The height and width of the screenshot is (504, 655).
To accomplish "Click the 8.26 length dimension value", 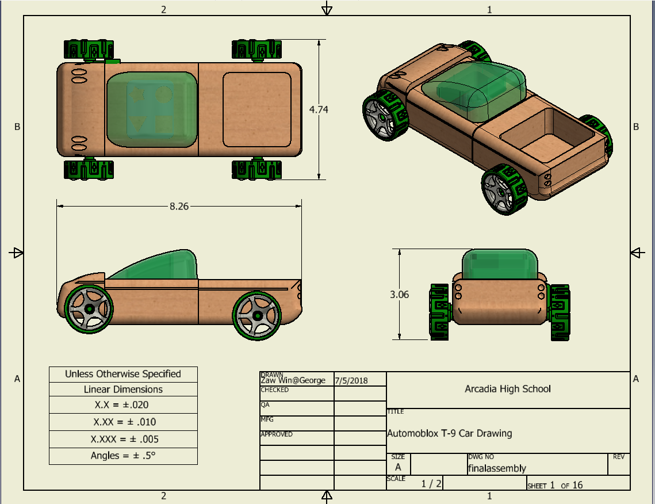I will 179,206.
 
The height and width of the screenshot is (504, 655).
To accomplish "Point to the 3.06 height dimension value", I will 399,294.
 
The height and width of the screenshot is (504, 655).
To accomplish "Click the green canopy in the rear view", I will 499,265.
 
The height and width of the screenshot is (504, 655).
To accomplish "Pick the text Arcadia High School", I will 507,389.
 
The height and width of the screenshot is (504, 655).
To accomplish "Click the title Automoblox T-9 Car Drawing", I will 449,433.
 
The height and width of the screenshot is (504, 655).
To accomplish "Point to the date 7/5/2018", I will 351,380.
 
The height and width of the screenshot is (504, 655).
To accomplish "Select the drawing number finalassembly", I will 497,468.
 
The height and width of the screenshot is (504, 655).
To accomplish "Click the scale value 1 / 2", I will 431,484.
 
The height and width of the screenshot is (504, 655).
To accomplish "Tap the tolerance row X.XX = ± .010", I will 124,422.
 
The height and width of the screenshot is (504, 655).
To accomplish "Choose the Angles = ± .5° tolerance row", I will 124,456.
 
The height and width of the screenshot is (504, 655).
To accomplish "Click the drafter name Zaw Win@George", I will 293,380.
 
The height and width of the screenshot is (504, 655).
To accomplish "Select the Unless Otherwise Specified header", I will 123,374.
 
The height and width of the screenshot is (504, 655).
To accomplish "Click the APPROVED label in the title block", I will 277,434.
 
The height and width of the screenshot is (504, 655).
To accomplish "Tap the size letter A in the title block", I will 398,468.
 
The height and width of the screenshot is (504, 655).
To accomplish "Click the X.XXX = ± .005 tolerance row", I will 124,439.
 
